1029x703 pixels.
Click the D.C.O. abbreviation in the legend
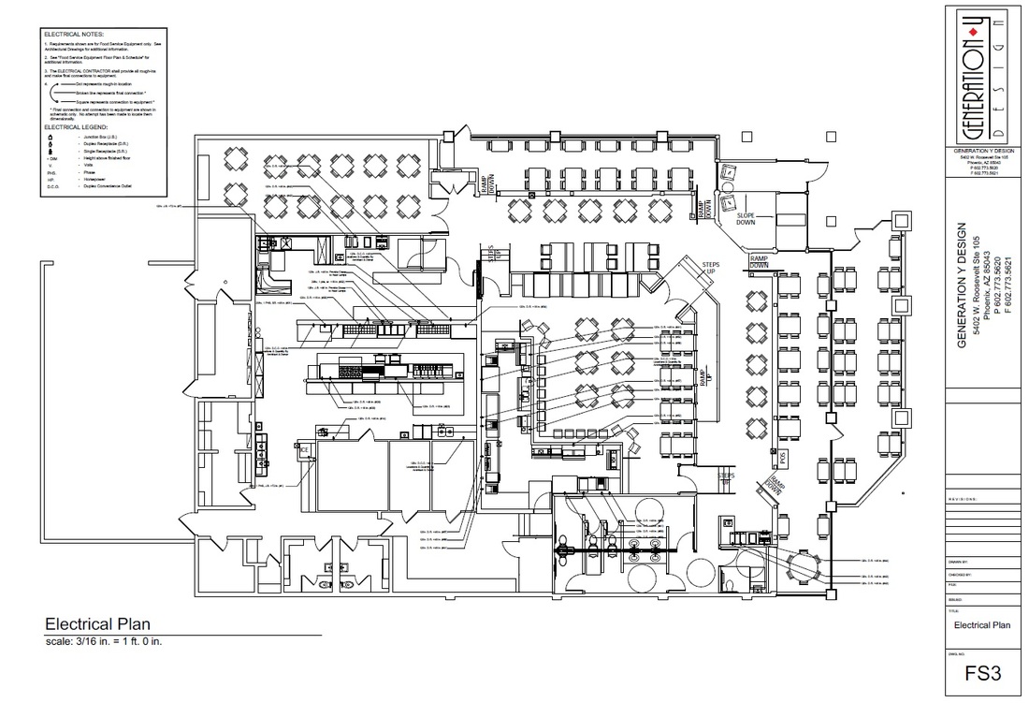53,187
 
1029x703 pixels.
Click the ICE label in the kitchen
305,450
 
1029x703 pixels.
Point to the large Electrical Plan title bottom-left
98,624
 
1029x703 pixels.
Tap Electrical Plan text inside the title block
981,624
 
